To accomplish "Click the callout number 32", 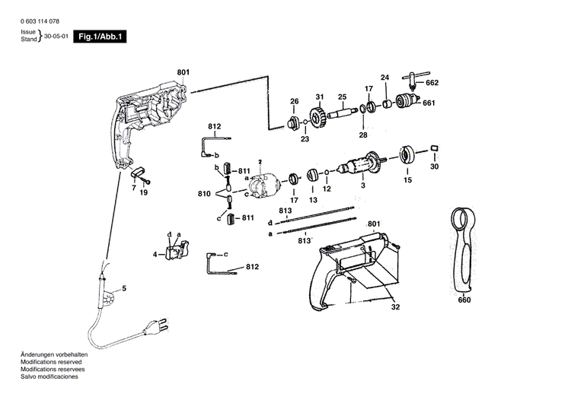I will pyautogui.click(x=394, y=307).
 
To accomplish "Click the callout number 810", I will pyautogui.click(x=203, y=195).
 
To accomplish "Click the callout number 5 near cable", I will pyautogui.click(x=124, y=287).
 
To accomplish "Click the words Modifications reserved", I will pyautogui.click(x=46, y=363).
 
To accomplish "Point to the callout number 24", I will pyautogui.click(x=384, y=78).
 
